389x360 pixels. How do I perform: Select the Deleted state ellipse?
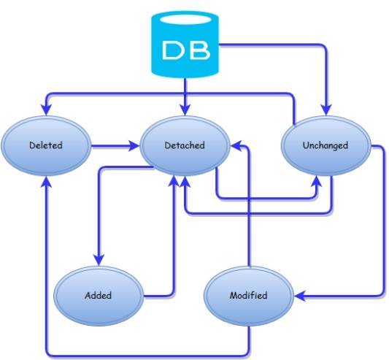click(x=45, y=145)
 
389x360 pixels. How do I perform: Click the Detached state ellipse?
click(x=183, y=145)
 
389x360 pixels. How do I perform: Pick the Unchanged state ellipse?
click(x=324, y=145)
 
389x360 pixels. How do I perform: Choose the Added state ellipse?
click(x=99, y=296)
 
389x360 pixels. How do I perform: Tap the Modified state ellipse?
click(x=248, y=296)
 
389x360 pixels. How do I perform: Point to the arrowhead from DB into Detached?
click(x=185, y=109)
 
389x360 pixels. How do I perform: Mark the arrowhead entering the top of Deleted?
click(x=46, y=110)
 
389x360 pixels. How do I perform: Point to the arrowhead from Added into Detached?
click(x=172, y=180)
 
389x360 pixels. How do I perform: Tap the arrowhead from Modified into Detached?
click(x=237, y=147)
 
